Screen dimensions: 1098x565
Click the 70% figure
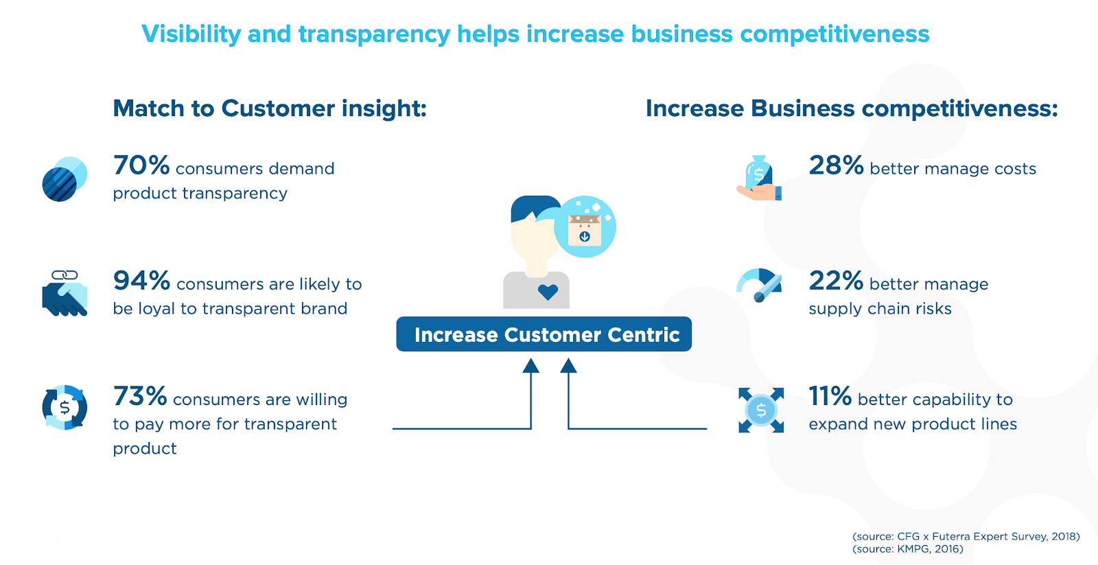(141, 165)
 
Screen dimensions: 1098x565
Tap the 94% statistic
(141, 281)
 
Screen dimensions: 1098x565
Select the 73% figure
(140, 396)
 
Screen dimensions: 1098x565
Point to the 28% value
(836, 165)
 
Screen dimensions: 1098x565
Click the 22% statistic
(836, 281)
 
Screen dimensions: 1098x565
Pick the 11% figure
(830, 396)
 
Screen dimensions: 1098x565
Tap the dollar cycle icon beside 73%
(65, 408)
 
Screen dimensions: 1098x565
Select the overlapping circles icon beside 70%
(65, 179)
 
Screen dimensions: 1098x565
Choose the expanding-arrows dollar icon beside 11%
(761, 410)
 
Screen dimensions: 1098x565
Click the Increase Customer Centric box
(544, 334)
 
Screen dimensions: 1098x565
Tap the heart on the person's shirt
(548, 292)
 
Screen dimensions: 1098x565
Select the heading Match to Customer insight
(270, 108)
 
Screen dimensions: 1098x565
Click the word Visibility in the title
(191, 34)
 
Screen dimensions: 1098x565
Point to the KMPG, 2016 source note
(907, 549)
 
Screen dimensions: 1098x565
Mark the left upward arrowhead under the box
(530, 366)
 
